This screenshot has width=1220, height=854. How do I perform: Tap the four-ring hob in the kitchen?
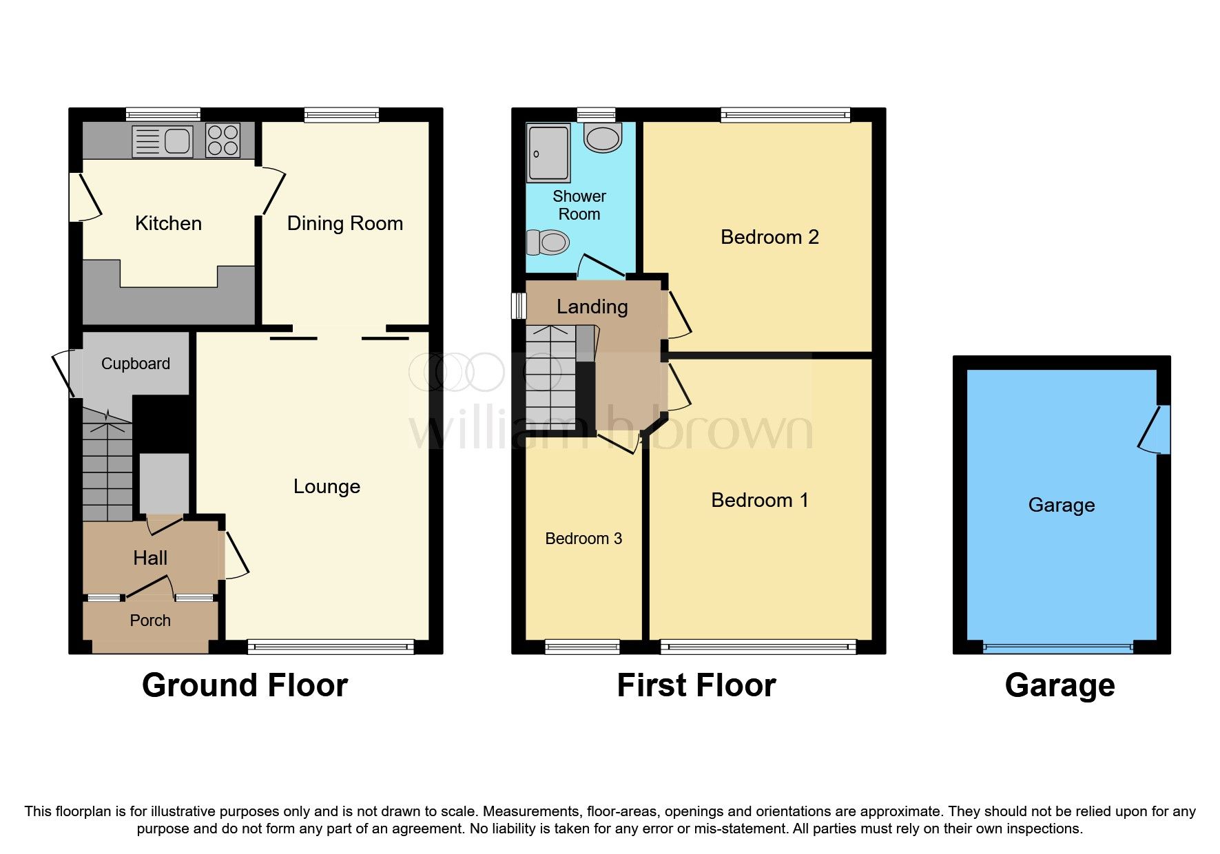(x=223, y=140)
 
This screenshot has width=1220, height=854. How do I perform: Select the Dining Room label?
(x=344, y=223)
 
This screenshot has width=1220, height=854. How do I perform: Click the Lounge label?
(x=327, y=486)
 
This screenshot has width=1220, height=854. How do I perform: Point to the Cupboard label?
(x=135, y=364)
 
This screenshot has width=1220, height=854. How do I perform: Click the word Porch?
(x=150, y=621)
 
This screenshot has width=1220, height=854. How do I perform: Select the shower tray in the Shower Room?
(x=548, y=152)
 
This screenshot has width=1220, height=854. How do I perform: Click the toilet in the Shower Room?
(x=548, y=242)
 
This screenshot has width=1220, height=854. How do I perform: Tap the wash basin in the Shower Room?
(x=602, y=137)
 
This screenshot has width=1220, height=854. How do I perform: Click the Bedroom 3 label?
(x=583, y=539)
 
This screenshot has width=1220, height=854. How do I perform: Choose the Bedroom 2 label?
(x=769, y=237)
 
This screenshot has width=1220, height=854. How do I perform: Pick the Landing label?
(x=592, y=306)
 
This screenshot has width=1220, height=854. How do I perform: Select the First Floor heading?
(x=696, y=685)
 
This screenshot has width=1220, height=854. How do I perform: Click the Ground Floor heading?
(x=245, y=685)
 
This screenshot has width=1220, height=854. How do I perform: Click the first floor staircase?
(x=550, y=377)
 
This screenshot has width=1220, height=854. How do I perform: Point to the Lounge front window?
(x=331, y=646)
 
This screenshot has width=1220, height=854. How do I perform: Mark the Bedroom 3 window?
(x=582, y=646)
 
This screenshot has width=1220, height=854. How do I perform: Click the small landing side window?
(x=517, y=306)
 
